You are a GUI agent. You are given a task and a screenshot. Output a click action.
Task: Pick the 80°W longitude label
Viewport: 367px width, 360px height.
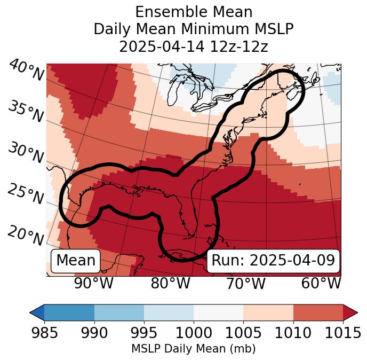click(x=170, y=283)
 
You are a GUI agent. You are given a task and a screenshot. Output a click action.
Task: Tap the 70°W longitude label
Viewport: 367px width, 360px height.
click(x=245, y=283)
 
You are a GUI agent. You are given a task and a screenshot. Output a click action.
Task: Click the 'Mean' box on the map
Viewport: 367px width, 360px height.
click(x=76, y=261)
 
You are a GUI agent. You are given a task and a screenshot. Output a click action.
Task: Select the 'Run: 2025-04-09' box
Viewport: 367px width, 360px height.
click(x=273, y=261)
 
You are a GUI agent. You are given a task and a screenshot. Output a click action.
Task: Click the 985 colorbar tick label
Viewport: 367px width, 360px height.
click(x=44, y=333)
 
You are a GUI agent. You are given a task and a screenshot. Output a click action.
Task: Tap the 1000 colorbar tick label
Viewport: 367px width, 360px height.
click(x=194, y=333)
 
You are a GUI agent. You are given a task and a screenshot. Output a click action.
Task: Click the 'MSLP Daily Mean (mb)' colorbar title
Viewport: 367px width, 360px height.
click(x=194, y=349)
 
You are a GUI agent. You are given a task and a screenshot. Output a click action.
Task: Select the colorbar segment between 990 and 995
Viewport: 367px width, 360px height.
click(x=119, y=312)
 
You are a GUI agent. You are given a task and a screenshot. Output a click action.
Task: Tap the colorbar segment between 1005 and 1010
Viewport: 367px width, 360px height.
click(x=268, y=312)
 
